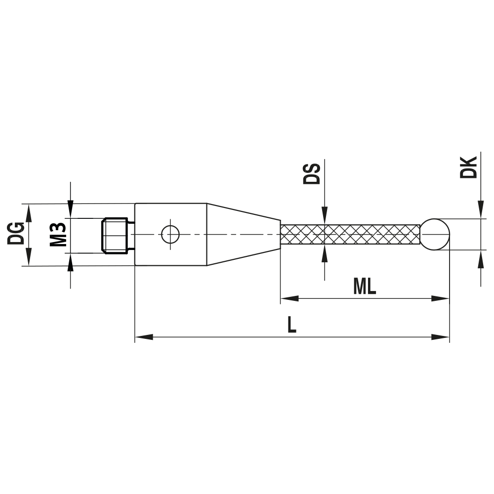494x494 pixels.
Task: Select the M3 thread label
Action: [x=58, y=234]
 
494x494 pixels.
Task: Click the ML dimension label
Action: [x=365, y=287]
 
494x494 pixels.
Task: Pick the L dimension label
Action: [x=292, y=325]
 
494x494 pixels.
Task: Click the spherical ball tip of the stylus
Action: [x=435, y=234]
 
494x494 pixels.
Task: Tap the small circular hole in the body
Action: [x=170, y=234]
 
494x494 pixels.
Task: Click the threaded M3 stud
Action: [x=116, y=235]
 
